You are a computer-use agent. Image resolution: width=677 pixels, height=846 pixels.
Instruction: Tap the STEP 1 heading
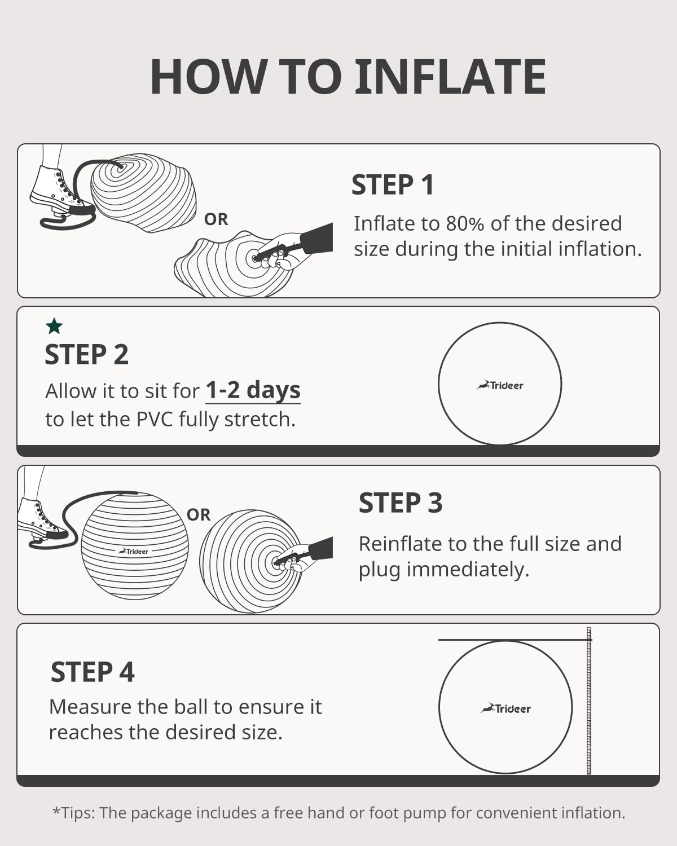point(393,185)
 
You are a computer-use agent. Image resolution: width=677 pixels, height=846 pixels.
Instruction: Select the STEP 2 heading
point(86,355)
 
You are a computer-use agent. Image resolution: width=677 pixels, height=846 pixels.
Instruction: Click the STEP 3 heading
point(401,503)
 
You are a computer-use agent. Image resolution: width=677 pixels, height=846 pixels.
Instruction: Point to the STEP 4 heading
point(93,672)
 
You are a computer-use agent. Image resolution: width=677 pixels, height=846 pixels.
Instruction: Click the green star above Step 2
point(54,326)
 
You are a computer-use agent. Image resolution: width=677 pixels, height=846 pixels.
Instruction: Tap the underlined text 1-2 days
point(253,390)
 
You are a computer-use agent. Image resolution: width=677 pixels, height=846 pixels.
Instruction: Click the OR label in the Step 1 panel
point(216,219)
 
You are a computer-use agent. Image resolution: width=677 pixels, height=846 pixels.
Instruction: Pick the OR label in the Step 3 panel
point(199,515)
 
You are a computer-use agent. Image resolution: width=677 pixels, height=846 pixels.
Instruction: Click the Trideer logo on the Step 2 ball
point(500,386)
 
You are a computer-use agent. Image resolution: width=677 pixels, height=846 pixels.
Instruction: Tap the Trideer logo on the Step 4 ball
point(506,708)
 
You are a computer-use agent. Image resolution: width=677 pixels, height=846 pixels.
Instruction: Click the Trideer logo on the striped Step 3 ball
point(134,551)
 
